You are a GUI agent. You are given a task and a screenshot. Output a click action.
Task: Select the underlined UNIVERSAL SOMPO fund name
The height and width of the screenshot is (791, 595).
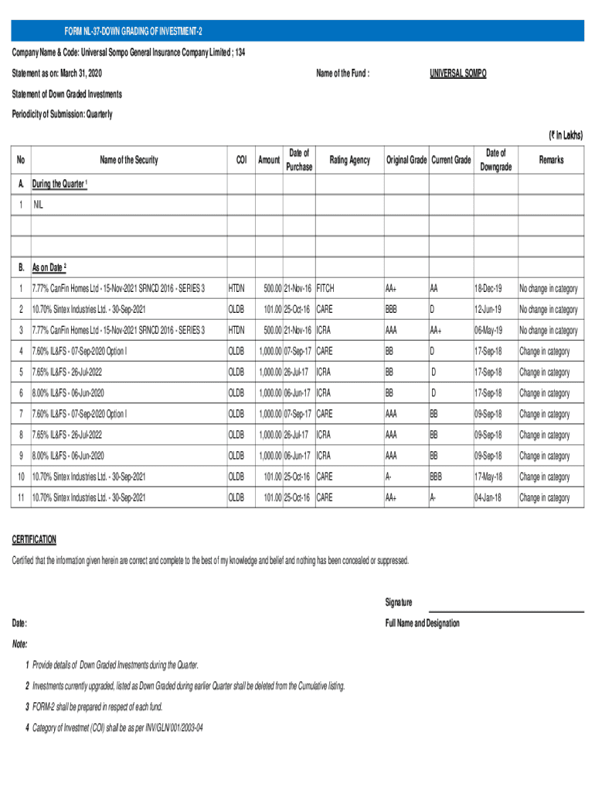(458, 73)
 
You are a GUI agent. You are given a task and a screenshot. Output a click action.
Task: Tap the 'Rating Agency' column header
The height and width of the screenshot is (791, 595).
(349, 160)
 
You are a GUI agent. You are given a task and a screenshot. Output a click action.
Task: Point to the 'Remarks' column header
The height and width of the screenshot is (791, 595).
(551, 160)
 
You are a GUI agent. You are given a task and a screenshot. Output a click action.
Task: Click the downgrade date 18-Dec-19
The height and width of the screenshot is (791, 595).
(488, 288)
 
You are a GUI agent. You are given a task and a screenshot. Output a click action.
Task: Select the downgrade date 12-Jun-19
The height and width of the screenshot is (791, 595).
(488, 310)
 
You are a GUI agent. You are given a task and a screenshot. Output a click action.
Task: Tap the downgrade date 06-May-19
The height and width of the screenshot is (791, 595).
(488, 331)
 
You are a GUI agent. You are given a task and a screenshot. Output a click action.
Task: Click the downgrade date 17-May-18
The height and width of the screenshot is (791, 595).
(488, 477)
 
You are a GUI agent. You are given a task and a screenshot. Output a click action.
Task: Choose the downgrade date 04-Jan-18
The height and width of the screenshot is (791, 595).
(488, 497)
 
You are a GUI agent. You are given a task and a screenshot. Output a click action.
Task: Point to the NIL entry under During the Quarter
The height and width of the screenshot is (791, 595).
(39, 206)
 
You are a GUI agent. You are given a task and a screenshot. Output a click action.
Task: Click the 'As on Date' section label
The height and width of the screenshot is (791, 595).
(49, 268)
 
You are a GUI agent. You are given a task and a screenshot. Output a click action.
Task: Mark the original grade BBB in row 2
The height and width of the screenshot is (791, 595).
(394, 310)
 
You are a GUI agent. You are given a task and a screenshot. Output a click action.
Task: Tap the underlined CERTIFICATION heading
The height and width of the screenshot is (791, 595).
(34, 539)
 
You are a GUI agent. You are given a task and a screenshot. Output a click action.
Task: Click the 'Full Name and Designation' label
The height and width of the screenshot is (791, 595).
(422, 623)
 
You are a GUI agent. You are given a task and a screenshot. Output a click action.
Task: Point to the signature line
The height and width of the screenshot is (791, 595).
(506, 611)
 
